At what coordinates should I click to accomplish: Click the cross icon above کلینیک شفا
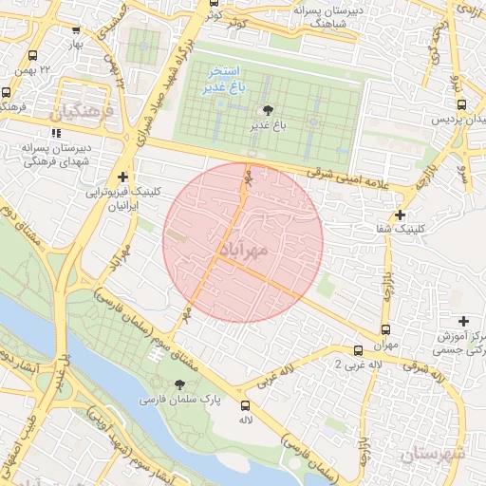401,215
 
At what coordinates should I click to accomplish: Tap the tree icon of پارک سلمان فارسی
179,383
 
